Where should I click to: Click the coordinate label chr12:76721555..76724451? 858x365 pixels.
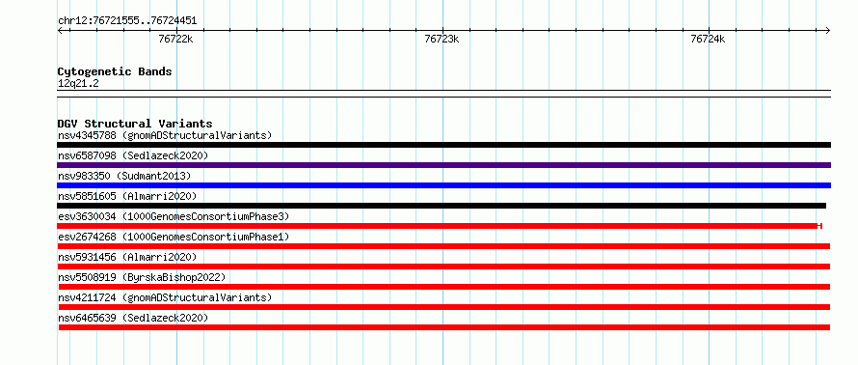pyautogui.click(x=127, y=21)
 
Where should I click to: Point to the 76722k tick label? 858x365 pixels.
pyautogui.click(x=175, y=39)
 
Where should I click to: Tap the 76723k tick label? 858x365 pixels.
pyautogui.click(x=442, y=39)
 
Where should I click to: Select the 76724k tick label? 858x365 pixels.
pyautogui.click(x=708, y=39)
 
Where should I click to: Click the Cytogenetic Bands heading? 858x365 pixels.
pyautogui.click(x=115, y=71)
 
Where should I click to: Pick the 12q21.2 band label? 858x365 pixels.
pyautogui.click(x=78, y=84)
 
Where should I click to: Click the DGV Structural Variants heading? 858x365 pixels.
pyautogui.click(x=135, y=124)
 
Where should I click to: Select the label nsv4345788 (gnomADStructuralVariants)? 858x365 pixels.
pyautogui.click(x=165, y=135)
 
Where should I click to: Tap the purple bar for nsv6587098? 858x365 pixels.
pyautogui.click(x=443, y=165)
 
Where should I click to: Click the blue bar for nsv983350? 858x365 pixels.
pyautogui.click(x=443, y=185)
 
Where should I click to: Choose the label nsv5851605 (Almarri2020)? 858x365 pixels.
pyautogui.click(x=127, y=196)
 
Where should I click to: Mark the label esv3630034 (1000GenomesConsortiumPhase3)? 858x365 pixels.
pyautogui.click(x=173, y=216)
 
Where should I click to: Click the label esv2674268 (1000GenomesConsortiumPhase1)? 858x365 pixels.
pyautogui.click(x=173, y=237)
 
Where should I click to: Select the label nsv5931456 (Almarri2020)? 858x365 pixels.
pyautogui.click(x=127, y=257)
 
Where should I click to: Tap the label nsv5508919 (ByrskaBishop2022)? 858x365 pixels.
pyautogui.click(x=141, y=277)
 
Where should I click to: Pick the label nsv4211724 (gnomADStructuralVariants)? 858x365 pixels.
pyautogui.click(x=165, y=297)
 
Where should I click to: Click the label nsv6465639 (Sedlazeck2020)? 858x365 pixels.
pyautogui.click(x=133, y=318)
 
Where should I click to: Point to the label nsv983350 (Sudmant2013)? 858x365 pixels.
pyautogui.click(x=124, y=176)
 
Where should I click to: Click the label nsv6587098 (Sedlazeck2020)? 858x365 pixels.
pyautogui.click(x=133, y=155)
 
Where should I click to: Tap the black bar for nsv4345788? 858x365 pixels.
pyautogui.click(x=443, y=145)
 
